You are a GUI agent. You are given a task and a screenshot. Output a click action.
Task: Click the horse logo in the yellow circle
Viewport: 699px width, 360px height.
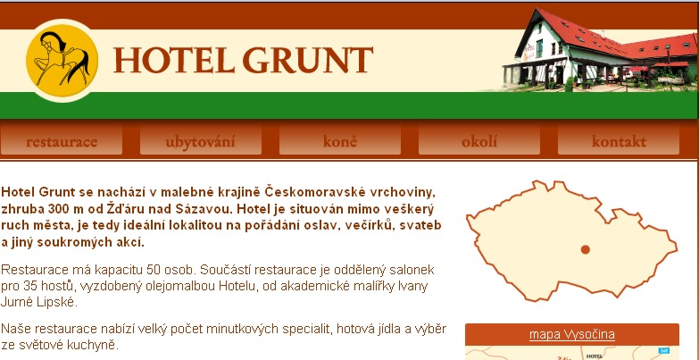pyautogui.click(x=62, y=60)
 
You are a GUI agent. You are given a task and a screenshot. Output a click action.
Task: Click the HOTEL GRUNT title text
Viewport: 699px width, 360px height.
pyautogui.click(x=243, y=60)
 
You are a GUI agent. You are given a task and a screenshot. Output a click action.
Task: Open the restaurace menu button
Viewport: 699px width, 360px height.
pyautogui.click(x=62, y=141)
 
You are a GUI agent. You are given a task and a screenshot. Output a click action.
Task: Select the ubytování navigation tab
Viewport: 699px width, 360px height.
pyautogui.click(x=201, y=141)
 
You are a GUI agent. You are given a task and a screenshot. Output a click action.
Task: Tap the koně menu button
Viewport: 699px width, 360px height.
pyautogui.click(x=340, y=141)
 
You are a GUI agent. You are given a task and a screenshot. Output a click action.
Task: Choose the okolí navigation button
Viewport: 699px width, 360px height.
pyautogui.click(x=479, y=141)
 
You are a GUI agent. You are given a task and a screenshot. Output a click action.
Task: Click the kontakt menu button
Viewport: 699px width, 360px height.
pyautogui.click(x=619, y=141)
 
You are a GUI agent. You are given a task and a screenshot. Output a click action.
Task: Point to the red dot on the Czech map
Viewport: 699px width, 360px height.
pyautogui.click(x=586, y=249)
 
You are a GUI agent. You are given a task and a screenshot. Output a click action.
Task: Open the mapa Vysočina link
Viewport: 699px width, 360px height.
pyautogui.click(x=572, y=334)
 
